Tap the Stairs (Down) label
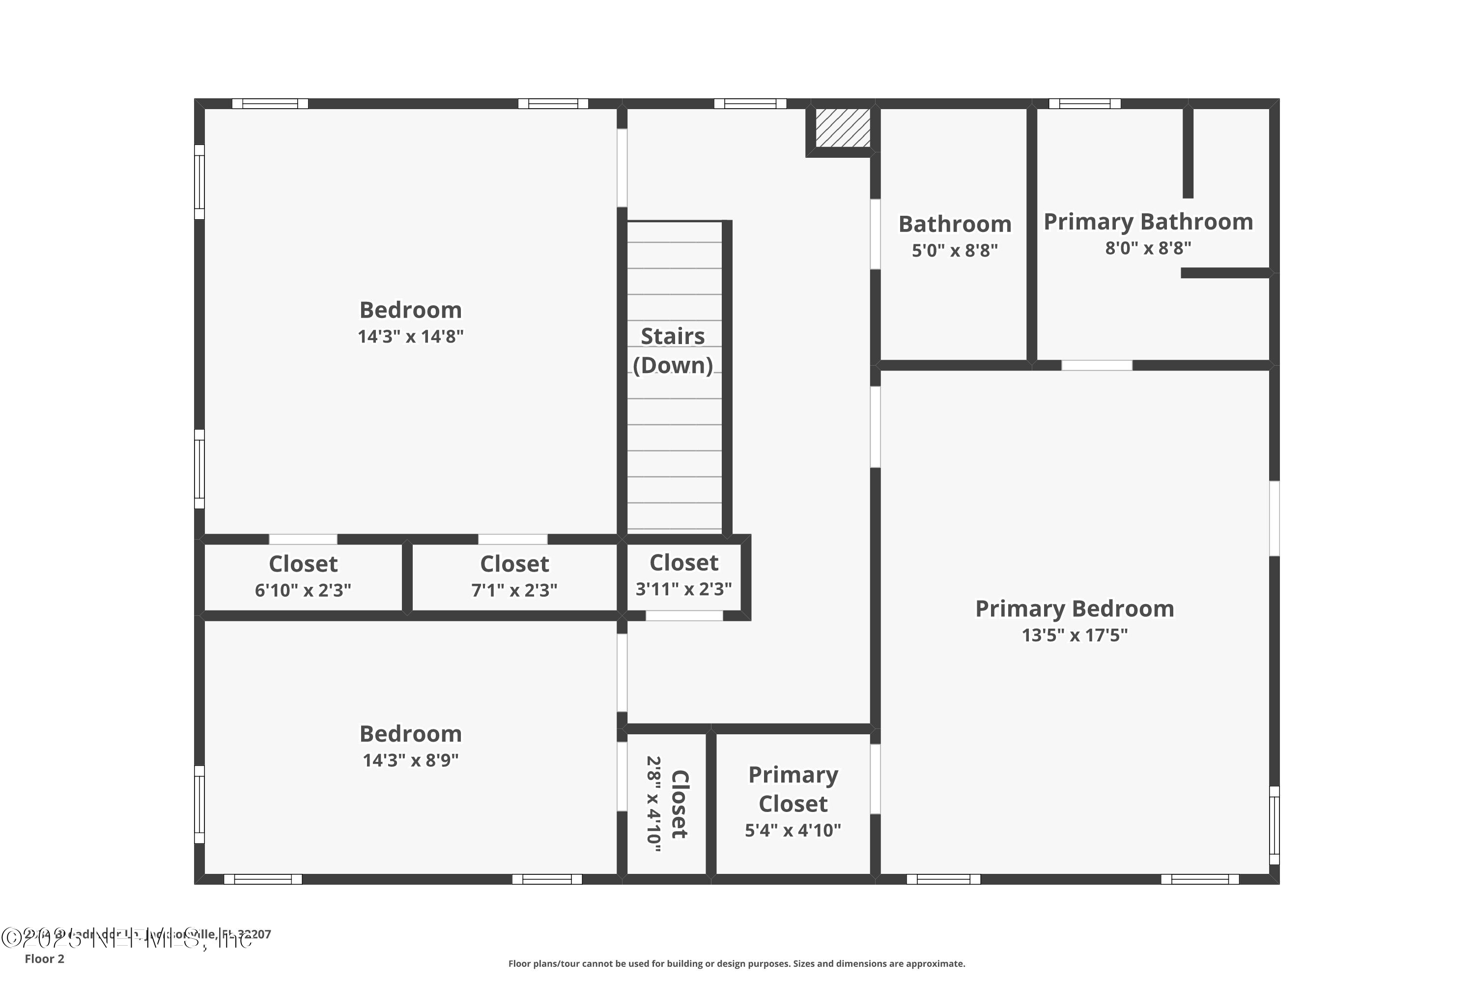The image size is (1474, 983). click(x=673, y=351)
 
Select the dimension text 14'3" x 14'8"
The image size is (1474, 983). click(x=410, y=337)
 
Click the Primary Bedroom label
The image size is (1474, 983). click(x=1074, y=609)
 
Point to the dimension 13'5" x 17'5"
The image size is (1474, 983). click(x=1074, y=635)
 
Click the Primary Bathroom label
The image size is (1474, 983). click(x=1147, y=222)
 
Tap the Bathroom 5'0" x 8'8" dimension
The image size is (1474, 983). click(x=955, y=251)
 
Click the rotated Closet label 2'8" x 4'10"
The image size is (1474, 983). click(x=667, y=804)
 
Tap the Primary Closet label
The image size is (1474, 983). click(x=793, y=789)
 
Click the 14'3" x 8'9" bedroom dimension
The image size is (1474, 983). click(x=410, y=760)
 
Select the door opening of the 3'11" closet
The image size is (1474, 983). click(x=684, y=616)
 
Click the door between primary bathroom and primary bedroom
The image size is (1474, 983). click(x=1097, y=365)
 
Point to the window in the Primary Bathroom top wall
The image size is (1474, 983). click(x=1085, y=103)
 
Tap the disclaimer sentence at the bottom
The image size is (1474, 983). click(x=737, y=963)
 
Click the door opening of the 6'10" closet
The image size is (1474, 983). click(x=303, y=539)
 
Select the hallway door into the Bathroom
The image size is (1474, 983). click(x=876, y=234)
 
